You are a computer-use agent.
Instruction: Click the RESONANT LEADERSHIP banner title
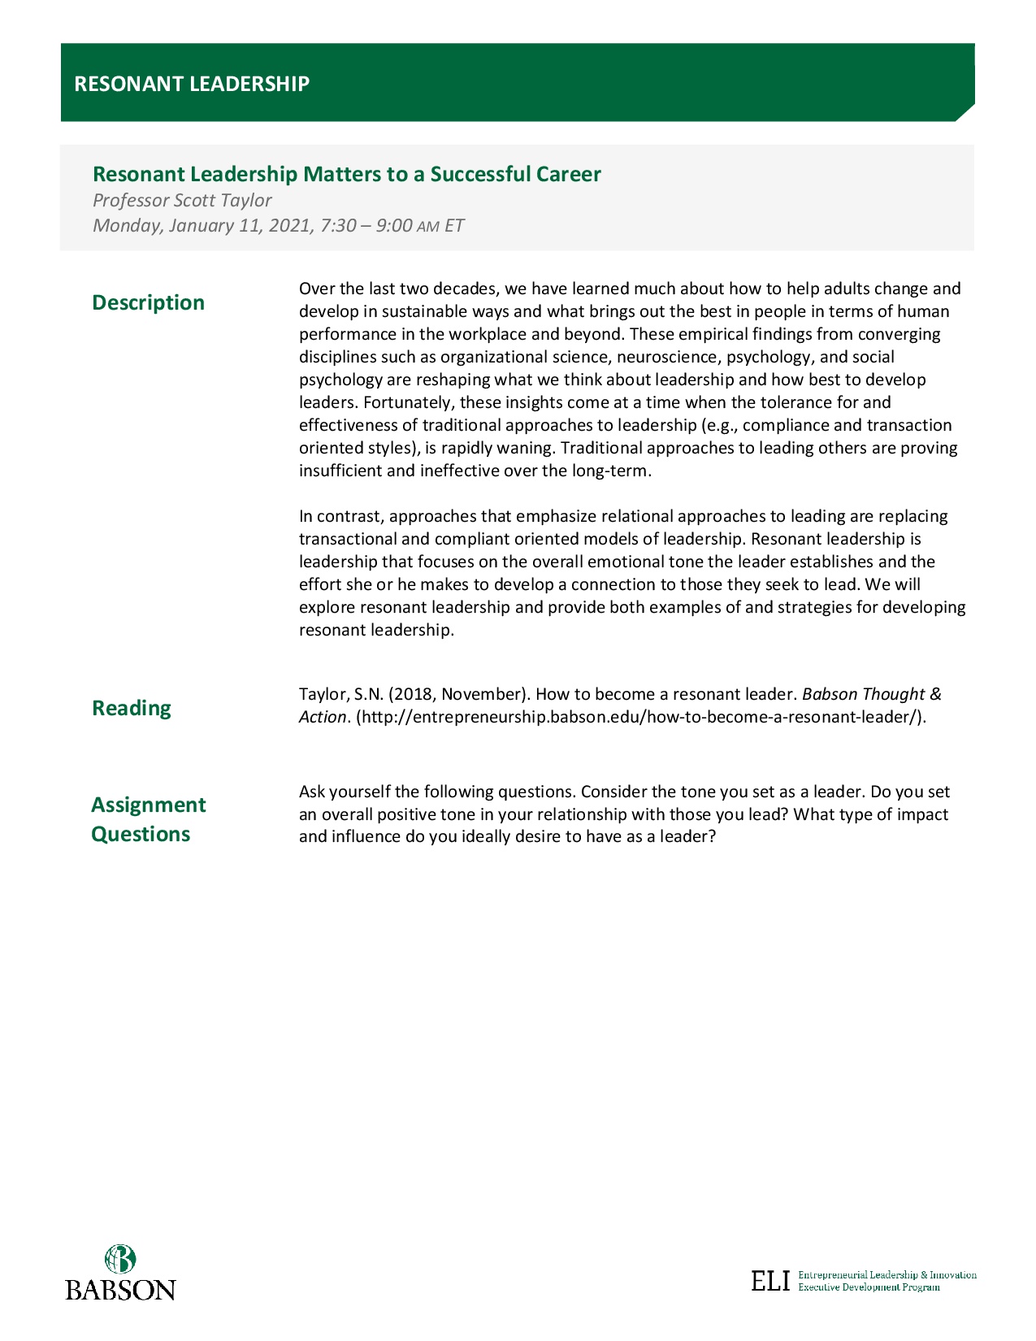point(192,84)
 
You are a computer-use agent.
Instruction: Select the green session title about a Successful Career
point(347,174)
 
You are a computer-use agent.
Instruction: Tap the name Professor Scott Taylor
point(182,200)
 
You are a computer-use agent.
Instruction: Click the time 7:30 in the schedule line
point(338,225)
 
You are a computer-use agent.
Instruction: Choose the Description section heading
point(148,302)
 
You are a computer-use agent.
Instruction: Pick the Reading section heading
point(132,708)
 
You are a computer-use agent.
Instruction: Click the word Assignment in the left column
point(149,805)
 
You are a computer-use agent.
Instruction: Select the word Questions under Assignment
point(141,834)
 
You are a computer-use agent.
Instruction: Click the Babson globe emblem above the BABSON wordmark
point(120,1259)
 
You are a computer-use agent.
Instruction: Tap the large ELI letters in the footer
point(770,1281)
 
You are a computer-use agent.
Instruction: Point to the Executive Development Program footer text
point(869,1287)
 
